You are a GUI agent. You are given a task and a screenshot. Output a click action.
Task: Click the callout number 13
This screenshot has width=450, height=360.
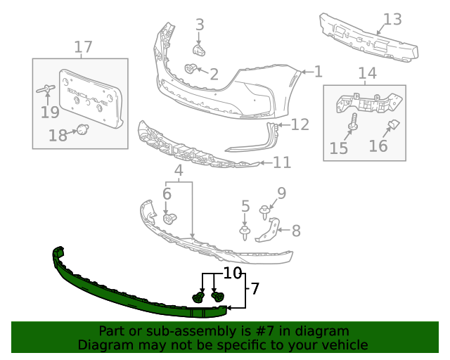coord(392,20)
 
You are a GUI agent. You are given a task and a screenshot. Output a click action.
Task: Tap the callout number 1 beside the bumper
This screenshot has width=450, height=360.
coord(318,71)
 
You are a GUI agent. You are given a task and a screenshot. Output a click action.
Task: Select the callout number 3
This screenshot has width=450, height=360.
coord(200,25)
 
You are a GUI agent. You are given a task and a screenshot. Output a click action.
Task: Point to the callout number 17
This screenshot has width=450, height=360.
coord(83,47)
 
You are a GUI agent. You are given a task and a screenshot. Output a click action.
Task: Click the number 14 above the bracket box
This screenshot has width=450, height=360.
coord(367,73)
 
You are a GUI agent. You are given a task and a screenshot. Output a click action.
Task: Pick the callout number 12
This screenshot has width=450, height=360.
coord(300,124)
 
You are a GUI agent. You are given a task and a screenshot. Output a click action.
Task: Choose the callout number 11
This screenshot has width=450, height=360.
coord(281,162)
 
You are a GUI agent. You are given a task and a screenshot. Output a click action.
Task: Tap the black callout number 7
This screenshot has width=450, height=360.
coord(255,288)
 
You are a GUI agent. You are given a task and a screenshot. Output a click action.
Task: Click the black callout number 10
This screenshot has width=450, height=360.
coord(233,272)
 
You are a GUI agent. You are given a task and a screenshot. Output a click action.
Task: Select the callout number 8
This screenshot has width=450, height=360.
coord(296,229)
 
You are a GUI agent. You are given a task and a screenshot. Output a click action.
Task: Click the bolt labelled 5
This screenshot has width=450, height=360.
coord(245,231)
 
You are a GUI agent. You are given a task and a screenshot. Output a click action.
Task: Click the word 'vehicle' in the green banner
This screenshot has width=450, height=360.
coord(345,345)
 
